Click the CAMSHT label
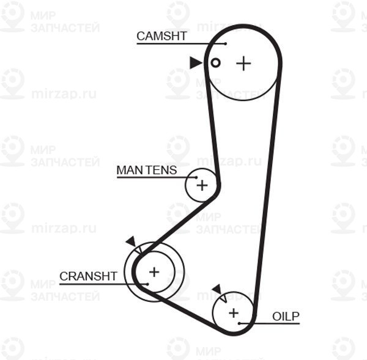[161, 36]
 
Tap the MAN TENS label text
[147, 170]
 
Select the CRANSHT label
[88, 276]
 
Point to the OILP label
[286, 317]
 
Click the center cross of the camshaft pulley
[243, 63]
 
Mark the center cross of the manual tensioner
[202, 186]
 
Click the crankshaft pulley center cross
[154, 272]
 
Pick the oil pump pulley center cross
[234, 313]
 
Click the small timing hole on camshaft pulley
[215, 63]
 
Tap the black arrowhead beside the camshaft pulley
[196, 63]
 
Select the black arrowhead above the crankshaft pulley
[132, 241]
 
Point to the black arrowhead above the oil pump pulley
[217, 289]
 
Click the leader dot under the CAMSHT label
[225, 44]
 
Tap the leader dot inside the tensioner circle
[196, 177]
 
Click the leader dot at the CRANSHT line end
[147, 284]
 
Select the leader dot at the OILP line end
[239, 323]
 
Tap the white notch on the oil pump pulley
[223, 298]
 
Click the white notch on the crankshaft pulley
[138, 250]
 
